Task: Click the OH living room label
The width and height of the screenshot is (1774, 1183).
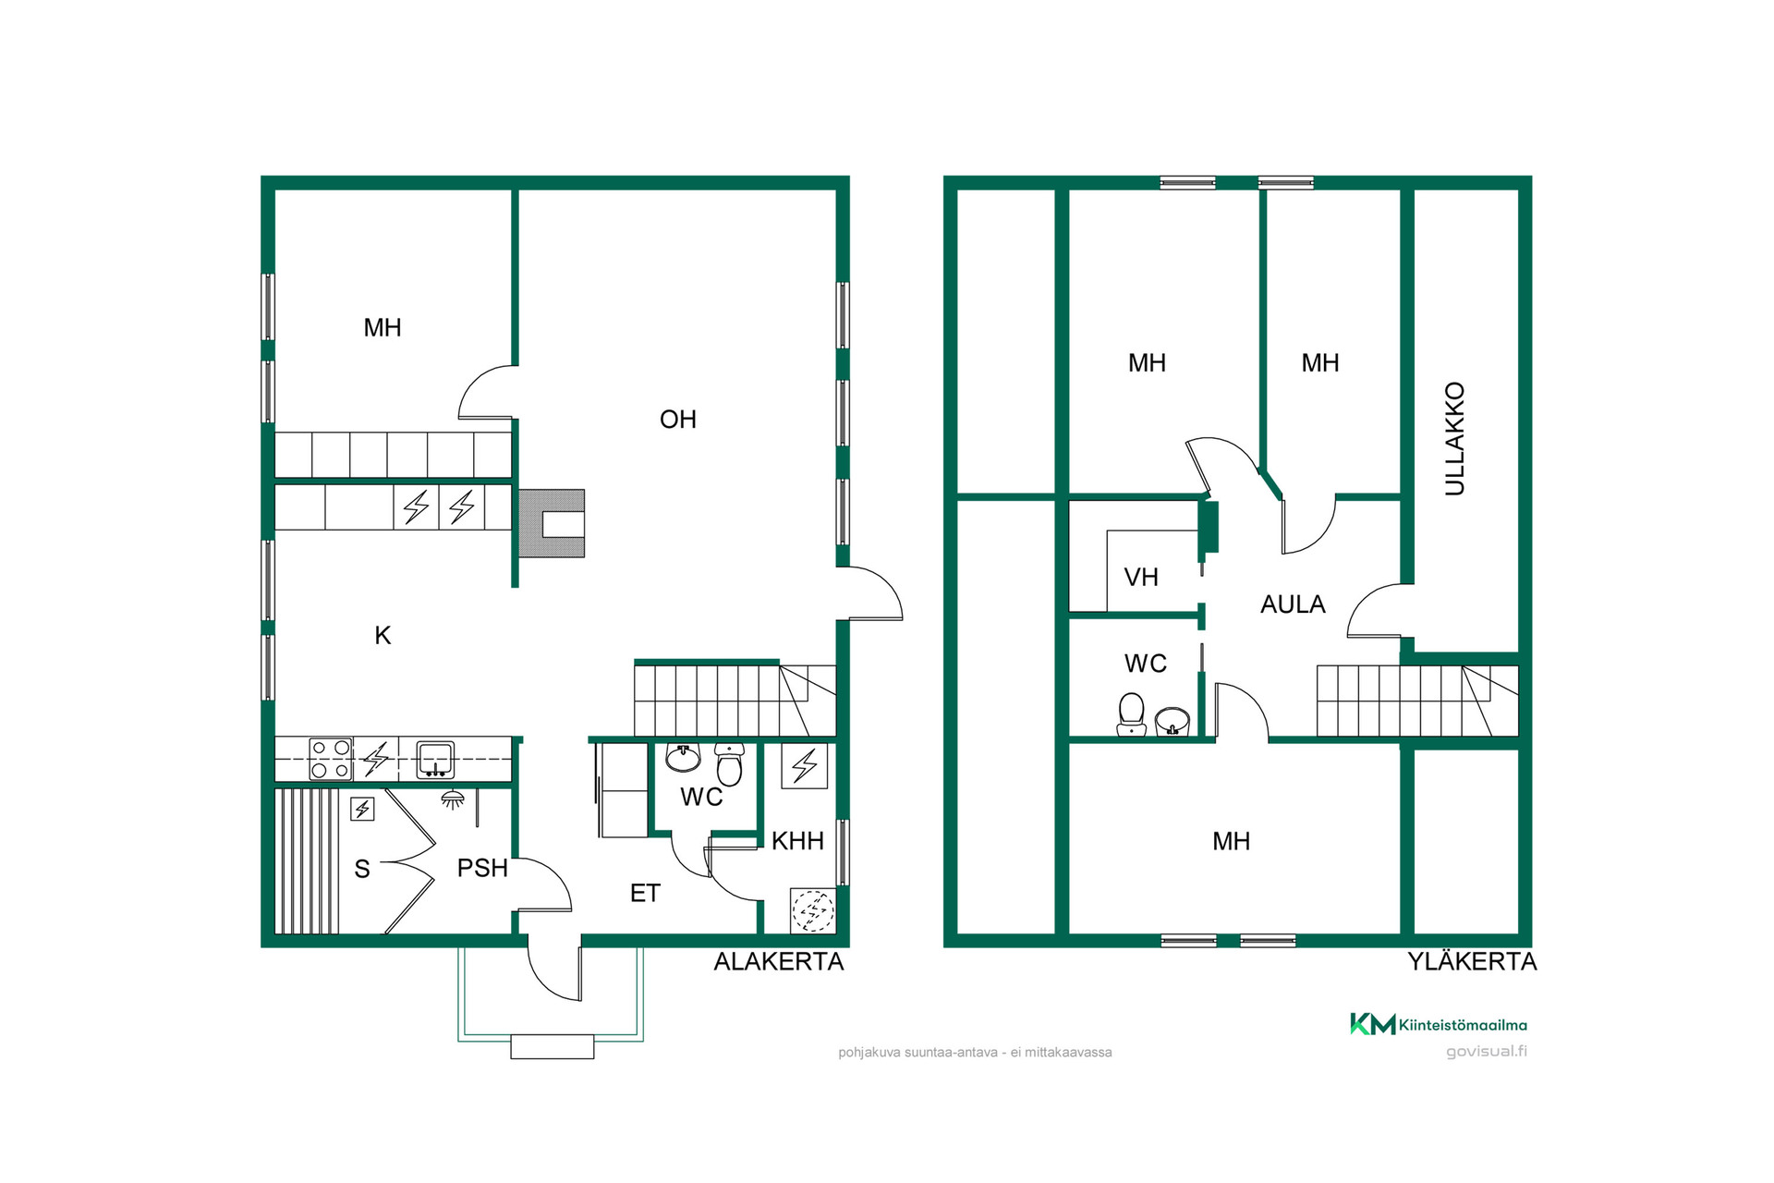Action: [x=677, y=420]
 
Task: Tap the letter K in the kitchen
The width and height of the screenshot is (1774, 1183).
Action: [x=383, y=636]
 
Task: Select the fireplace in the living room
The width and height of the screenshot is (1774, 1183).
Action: [x=552, y=523]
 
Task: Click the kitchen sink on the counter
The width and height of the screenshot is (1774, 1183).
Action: [x=434, y=760]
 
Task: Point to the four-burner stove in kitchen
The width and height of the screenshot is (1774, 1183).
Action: [x=331, y=760]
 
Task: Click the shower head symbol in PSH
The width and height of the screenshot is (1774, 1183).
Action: [x=452, y=799]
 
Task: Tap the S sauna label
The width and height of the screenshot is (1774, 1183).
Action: [x=362, y=870]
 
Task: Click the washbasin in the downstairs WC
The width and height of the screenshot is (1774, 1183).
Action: [x=683, y=758]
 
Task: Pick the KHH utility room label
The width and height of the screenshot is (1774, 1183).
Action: [x=797, y=841]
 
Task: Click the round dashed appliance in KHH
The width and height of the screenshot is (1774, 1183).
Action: [x=813, y=911]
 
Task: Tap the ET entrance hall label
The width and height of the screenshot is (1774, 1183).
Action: [x=645, y=894]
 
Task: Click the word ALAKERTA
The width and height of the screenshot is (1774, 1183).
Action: [x=779, y=962]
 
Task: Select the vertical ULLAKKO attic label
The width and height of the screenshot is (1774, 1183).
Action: [x=1454, y=439]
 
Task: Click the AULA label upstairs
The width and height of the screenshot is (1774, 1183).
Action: [x=1293, y=604]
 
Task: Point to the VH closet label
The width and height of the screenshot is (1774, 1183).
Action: [x=1141, y=578]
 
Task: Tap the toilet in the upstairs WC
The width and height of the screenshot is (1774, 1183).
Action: [x=1132, y=715]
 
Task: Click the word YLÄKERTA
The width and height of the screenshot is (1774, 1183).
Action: [x=1472, y=962]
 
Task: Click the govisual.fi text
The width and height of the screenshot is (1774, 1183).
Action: [x=1486, y=1052]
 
